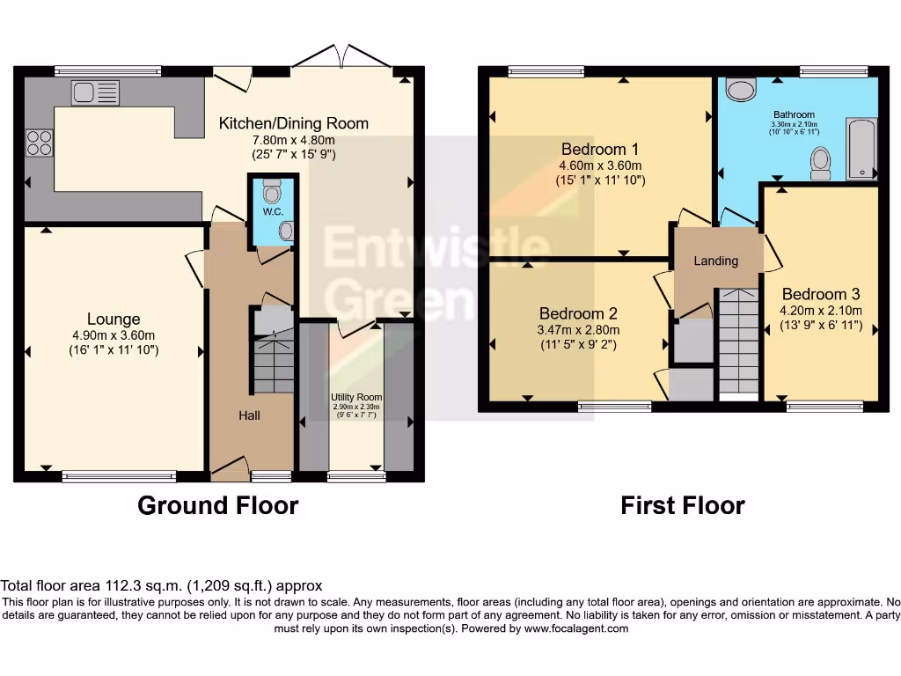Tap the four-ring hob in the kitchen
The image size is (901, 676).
[x=40, y=142]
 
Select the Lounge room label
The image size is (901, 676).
[x=114, y=319]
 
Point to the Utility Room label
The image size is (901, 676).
[x=355, y=398]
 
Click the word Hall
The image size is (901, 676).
[x=249, y=415]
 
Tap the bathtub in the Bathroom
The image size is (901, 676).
[x=861, y=149]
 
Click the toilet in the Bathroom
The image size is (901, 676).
[x=820, y=163]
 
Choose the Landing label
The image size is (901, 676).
[x=715, y=261]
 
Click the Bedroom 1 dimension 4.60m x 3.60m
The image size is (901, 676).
[x=600, y=165]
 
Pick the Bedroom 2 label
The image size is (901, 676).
[x=578, y=313]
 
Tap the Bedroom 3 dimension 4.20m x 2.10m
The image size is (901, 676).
[x=820, y=310]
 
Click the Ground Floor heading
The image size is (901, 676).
[x=217, y=505]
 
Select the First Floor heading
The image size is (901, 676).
[x=682, y=505]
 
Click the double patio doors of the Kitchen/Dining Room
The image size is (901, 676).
[x=342, y=57]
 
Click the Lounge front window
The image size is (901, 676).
[x=119, y=476]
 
